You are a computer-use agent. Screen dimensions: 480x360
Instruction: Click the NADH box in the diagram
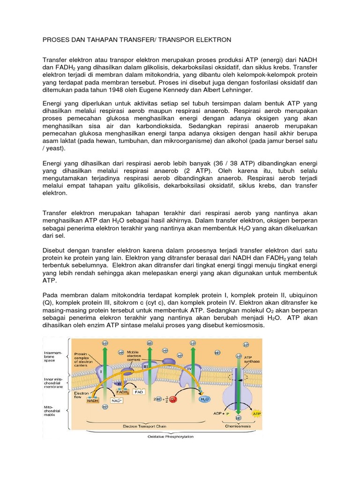(92, 400)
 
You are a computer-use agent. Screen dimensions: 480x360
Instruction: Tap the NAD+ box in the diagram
(117, 401)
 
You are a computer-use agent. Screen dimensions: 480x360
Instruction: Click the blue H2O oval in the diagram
(204, 399)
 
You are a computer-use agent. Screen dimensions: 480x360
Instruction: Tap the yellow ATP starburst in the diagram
(257, 414)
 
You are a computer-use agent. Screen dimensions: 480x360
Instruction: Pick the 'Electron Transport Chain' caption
(145, 426)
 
